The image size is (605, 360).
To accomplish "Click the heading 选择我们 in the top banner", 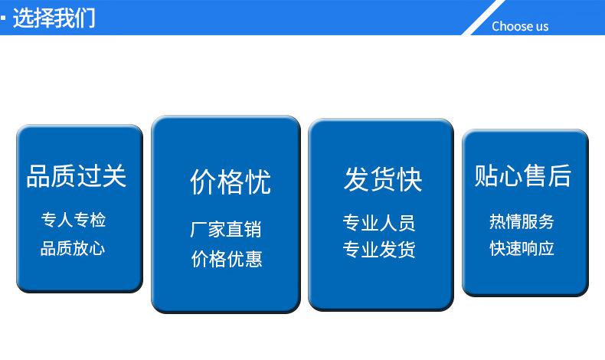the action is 54,18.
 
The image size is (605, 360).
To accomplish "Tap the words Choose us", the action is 520,26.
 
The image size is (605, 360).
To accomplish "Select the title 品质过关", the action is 77,176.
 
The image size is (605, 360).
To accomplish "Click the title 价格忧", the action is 231,182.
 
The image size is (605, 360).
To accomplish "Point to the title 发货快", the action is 383,179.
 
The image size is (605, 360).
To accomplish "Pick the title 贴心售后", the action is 523,175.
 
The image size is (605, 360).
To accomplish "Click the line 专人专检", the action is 74,220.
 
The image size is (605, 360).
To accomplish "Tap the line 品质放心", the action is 73,248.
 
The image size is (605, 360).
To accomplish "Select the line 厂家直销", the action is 226,229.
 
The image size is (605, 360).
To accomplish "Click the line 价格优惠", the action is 227,259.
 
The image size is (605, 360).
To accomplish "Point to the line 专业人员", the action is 379,223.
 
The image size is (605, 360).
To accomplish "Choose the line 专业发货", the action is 379,249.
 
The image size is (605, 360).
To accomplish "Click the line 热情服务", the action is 522,221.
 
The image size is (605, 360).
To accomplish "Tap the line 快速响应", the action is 522,248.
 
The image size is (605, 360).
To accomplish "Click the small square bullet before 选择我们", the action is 3,18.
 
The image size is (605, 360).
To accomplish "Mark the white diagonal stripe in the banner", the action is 484,18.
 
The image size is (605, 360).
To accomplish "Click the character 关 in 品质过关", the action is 115,176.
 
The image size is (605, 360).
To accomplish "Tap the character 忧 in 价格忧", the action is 258,182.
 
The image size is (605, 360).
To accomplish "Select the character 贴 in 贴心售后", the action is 486,175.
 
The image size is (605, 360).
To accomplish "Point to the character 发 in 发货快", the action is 356,179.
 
